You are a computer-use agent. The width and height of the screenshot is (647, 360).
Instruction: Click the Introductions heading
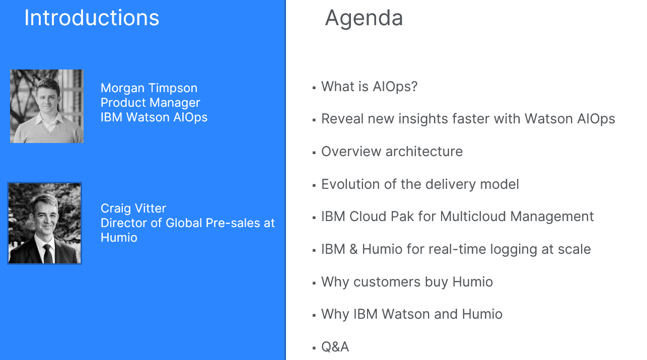click(x=92, y=18)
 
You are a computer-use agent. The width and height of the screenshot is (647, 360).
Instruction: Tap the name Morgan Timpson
click(x=149, y=89)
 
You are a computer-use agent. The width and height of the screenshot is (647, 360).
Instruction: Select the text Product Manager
click(x=150, y=103)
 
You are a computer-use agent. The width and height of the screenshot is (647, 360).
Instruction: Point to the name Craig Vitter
click(x=133, y=208)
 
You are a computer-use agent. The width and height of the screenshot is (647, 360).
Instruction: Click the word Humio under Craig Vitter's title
click(x=119, y=238)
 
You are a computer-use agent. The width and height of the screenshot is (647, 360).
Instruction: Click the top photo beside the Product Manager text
click(x=47, y=106)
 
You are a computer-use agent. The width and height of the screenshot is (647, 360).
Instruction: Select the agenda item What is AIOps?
click(x=370, y=87)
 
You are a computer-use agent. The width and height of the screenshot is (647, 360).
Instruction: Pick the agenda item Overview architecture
click(x=392, y=152)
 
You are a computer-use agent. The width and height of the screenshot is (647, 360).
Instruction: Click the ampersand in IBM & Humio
click(x=353, y=249)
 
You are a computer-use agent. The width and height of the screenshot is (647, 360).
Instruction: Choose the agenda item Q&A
click(x=335, y=347)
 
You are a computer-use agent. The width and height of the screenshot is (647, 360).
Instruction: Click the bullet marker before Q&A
click(x=314, y=348)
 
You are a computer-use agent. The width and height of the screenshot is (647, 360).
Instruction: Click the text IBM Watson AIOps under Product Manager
click(x=154, y=118)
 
